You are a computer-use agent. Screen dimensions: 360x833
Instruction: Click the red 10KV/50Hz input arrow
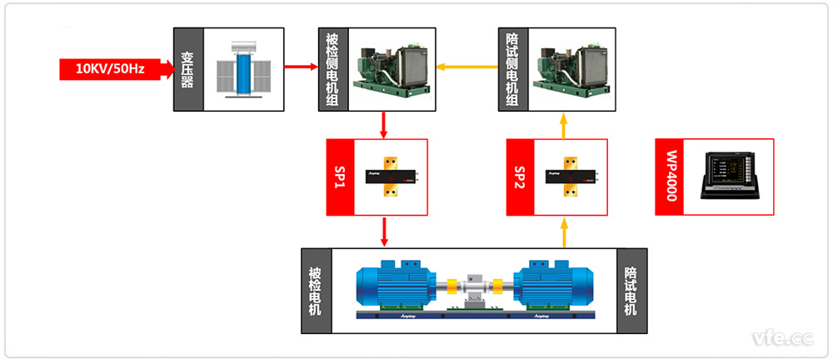[x=112, y=69]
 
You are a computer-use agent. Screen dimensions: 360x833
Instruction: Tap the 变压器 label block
[x=187, y=69]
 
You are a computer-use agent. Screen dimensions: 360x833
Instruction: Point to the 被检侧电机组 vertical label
[x=330, y=69]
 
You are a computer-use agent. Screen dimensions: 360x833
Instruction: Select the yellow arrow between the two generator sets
[x=467, y=68]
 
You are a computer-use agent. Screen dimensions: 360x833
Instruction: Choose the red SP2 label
[x=521, y=177]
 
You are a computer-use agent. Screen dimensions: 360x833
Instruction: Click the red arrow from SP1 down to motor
[x=384, y=232]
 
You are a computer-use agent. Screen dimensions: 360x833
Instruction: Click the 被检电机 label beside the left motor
[x=314, y=291]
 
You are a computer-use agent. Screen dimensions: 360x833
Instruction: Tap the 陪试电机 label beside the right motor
[x=631, y=291]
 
